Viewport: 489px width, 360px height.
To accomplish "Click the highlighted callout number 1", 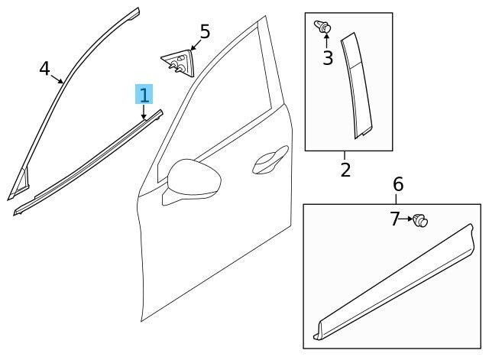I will click(144, 95).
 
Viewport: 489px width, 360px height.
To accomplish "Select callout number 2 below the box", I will click(345, 169).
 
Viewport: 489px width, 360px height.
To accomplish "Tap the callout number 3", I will click(327, 58).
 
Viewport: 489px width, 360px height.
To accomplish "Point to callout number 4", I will click(45, 70).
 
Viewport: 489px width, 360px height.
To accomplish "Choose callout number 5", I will click(204, 32).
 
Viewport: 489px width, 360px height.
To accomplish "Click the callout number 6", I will click(397, 184).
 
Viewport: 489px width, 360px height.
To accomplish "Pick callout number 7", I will click(394, 220).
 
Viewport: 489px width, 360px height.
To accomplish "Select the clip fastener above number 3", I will click(323, 28).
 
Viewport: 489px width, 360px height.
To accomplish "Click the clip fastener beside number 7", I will click(419, 222).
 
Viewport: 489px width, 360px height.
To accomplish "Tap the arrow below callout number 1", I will click(144, 112).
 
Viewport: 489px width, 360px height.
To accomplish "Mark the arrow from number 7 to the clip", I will click(406, 220).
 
